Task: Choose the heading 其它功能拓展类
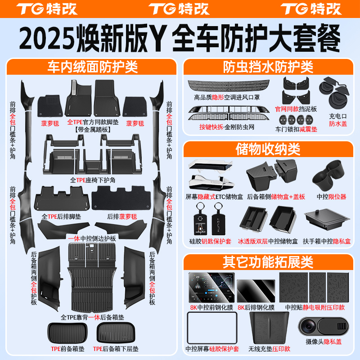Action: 268,261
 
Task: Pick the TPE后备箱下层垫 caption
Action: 117,349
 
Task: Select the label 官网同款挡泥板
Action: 296,109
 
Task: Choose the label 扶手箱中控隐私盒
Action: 328,241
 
